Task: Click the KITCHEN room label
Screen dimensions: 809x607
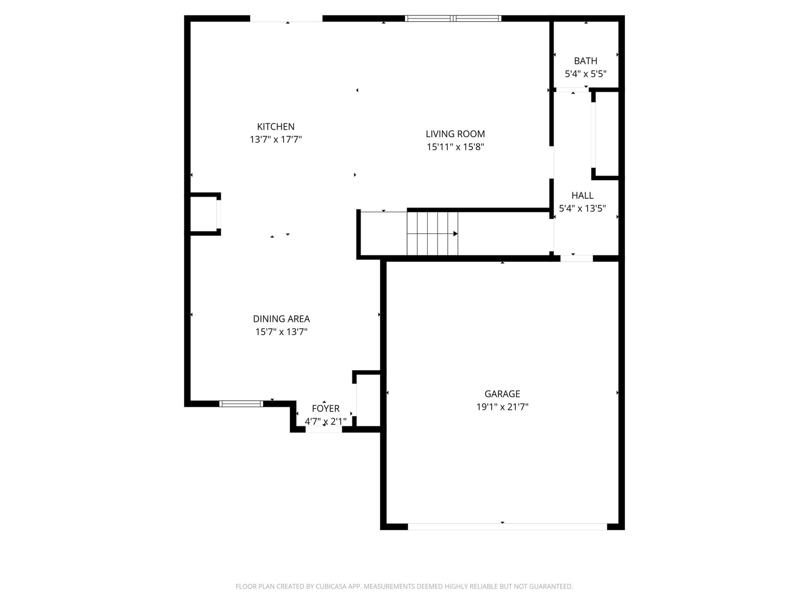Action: point(276,126)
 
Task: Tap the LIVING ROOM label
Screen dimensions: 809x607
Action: point(455,134)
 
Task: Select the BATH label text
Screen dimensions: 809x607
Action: point(585,61)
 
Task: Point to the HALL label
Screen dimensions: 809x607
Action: point(582,195)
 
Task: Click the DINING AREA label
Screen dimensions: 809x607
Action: point(281,319)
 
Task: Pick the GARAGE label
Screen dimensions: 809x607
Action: point(502,394)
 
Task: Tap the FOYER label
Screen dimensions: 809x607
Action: point(326,408)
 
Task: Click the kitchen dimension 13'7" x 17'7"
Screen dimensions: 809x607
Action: point(276,139)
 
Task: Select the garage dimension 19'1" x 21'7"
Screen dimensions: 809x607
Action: point(502,407)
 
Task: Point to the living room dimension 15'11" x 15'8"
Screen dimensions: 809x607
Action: point(455,147)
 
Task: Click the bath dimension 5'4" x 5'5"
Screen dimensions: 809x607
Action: point(585,74)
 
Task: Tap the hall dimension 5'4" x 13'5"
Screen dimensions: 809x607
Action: point(582,208)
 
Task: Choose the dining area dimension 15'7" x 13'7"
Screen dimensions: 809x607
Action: point(281,332)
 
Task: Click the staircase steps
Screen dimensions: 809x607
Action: point(432,233)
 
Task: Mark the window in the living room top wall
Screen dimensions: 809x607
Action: point(453,19)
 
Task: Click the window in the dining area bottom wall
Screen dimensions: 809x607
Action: point(241,404)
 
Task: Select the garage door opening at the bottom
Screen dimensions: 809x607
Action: point(507,526)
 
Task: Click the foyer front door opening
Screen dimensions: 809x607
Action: point(323,429)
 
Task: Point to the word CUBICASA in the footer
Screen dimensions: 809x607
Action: point(331,586)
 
